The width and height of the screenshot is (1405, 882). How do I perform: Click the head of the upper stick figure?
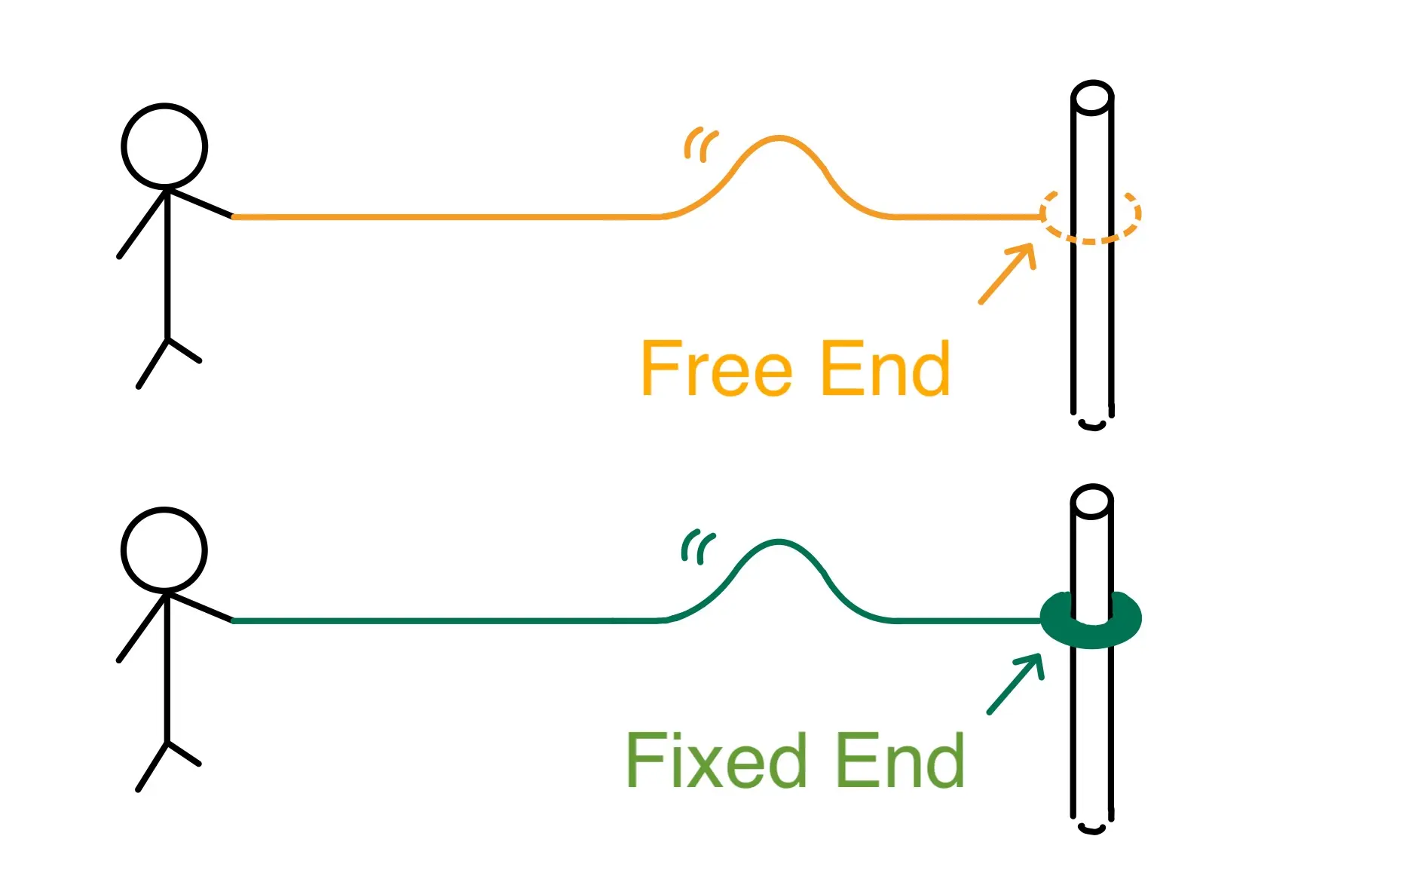tap(164, 146)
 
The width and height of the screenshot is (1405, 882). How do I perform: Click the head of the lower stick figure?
tap(164, 550)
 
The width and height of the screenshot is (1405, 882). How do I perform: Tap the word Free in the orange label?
tap(716, 369)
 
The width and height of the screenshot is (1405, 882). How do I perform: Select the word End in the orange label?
tap(885, 369)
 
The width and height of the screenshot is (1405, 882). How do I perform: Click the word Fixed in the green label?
tap(716, 761)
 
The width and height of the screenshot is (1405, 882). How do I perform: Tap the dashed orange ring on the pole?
tap(1090, 216)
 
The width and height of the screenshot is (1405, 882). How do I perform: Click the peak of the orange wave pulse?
tap(779, 139)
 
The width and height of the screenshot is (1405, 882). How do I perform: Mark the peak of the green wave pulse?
tap(779, 542)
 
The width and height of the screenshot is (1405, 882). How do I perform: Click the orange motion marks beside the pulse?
tap(700, 144)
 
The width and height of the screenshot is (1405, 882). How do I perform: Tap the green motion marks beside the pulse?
tap(697, 547)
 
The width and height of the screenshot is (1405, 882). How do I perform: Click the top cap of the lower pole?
tap(1092, 501)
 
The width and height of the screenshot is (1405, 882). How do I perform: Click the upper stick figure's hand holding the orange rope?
tap(231, 216)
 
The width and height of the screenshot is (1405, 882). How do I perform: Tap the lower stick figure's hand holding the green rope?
tap(231, 620)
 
